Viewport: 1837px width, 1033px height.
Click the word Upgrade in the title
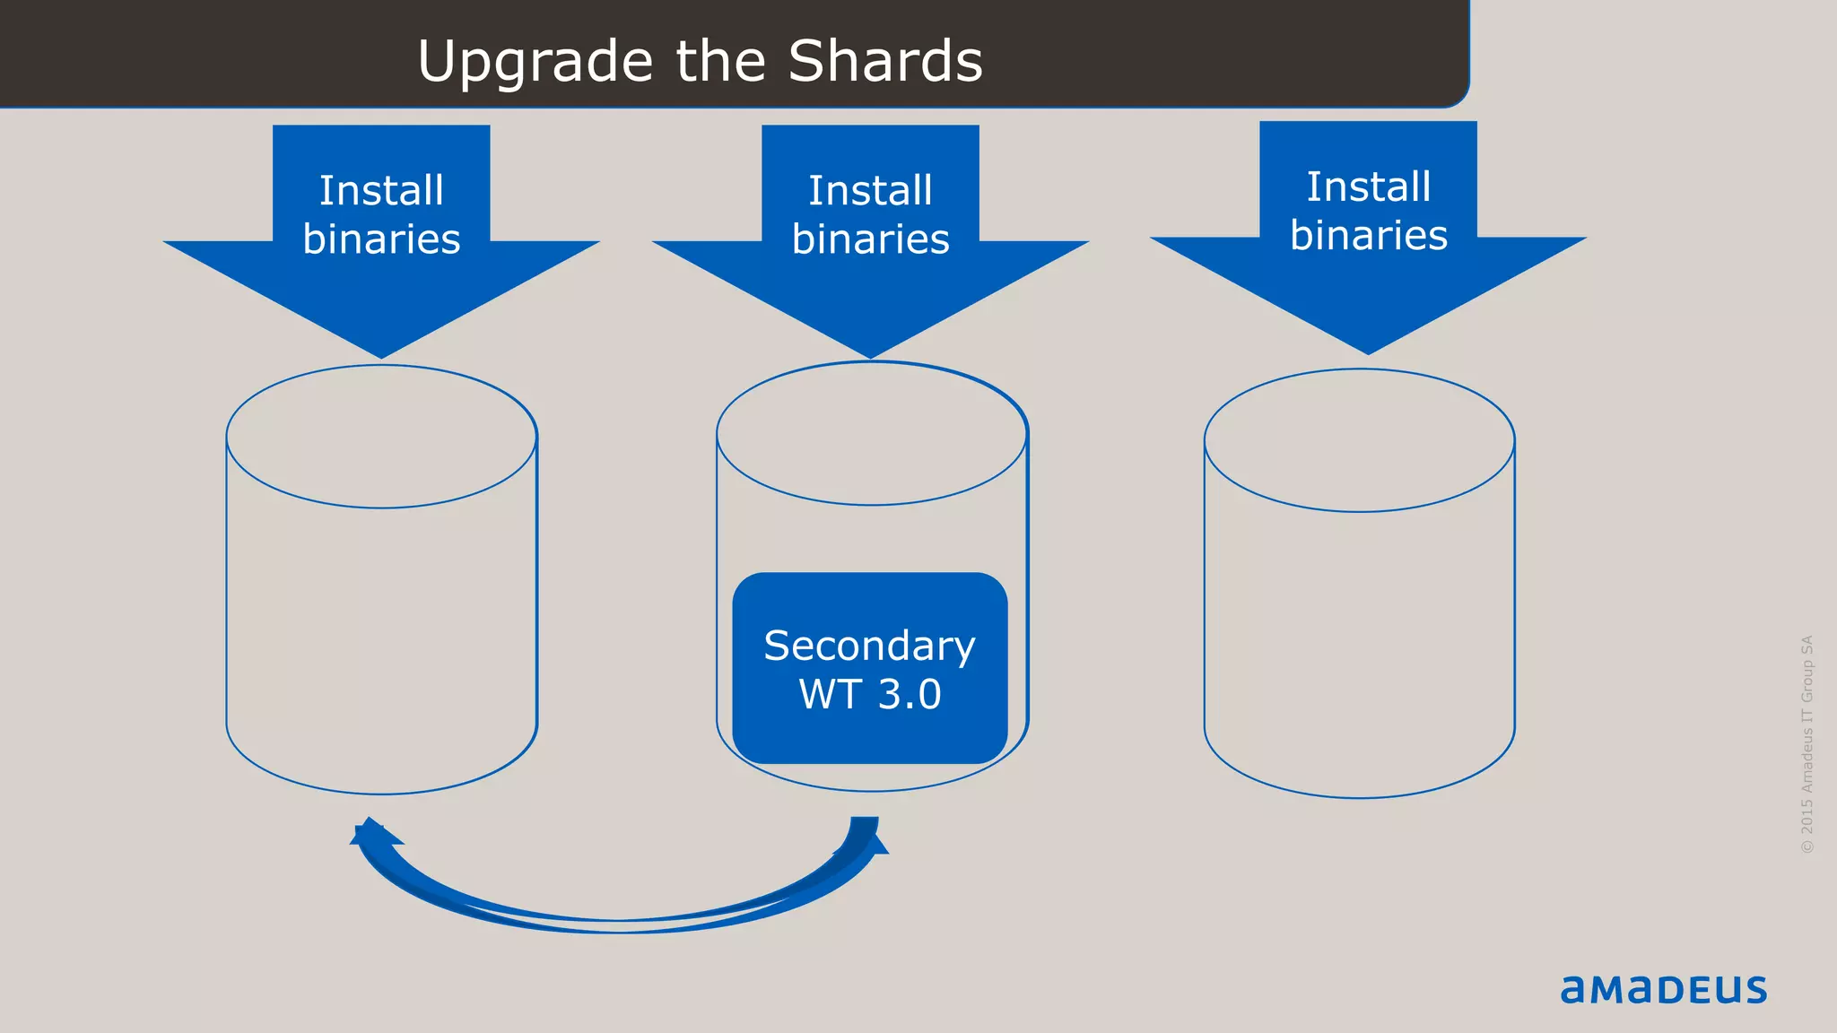pyautogui.click(x=535, y=63)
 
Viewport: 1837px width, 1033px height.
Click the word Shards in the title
pyautogui.click(x=884, y=61)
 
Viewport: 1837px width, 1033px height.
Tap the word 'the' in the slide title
pyautogui.click(x=720, y=61)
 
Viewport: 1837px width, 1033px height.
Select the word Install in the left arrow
pyautogui.click(x=381, y=190)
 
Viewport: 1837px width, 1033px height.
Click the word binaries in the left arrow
pyautogui.click(x=381, y=239)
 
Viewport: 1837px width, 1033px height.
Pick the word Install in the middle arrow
pyautogui.click(x=870, y=190)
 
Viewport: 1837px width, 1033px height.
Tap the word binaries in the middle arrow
pyautogui.click(x=870, y=239)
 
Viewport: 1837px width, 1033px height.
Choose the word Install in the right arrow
pyautogui.click(x=1368, y=187)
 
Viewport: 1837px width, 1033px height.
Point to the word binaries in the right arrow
pyautogui.click(x=1368, y=236)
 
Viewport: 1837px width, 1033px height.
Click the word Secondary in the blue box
pyautogui.click(x=869, y=646)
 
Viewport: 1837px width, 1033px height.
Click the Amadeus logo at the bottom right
pyautogui.click(x=1663, y=989)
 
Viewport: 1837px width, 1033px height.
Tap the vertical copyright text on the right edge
pyautogui.click(x=1807, y=744)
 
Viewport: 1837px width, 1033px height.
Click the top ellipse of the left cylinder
pyautogui.click(x=381, y=437)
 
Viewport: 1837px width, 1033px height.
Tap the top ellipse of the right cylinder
pyautogui.click(x=1359, y=440)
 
